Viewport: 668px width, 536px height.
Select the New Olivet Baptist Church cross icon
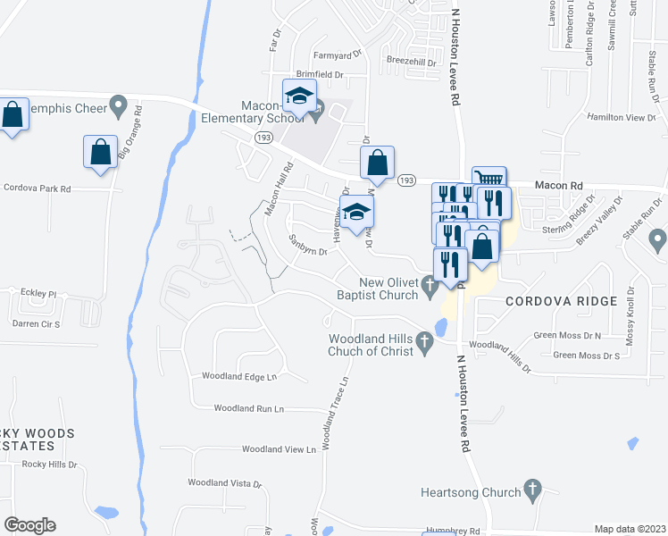430,287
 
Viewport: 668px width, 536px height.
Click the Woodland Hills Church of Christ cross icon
424,340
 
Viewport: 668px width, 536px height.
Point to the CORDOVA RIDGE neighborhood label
561,301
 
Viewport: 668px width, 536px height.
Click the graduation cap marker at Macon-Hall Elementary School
300,95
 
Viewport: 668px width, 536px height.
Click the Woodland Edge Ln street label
240,377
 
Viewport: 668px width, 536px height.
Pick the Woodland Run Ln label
248,408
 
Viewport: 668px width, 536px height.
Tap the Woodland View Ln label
280,449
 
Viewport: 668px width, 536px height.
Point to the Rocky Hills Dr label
50,465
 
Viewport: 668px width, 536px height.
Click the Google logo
29,524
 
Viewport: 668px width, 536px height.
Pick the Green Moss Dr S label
586,356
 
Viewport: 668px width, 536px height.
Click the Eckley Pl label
39,292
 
